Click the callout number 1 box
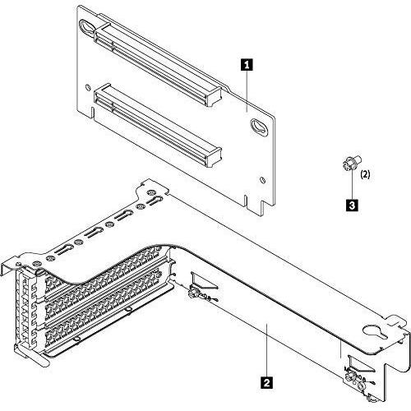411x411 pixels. (x=245, y=62)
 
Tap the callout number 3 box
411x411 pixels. (x=352, y=205)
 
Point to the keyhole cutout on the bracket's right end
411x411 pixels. (x=375, y=336)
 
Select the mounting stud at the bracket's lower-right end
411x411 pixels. (x=353, y=377)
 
